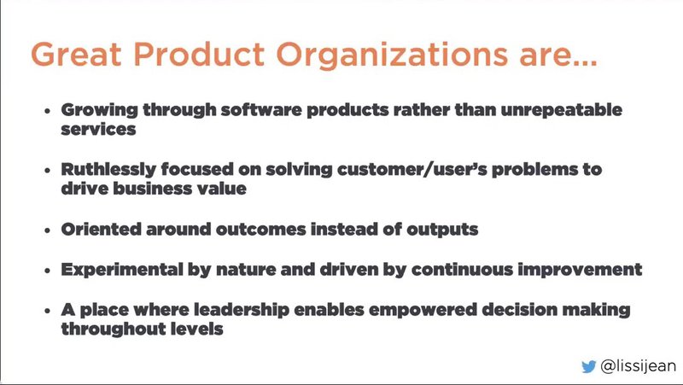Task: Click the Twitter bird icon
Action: tap(588, 365)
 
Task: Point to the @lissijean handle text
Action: tap(638, 365)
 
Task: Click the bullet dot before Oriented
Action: tap(49, 230)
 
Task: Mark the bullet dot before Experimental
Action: tap(49, 270)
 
